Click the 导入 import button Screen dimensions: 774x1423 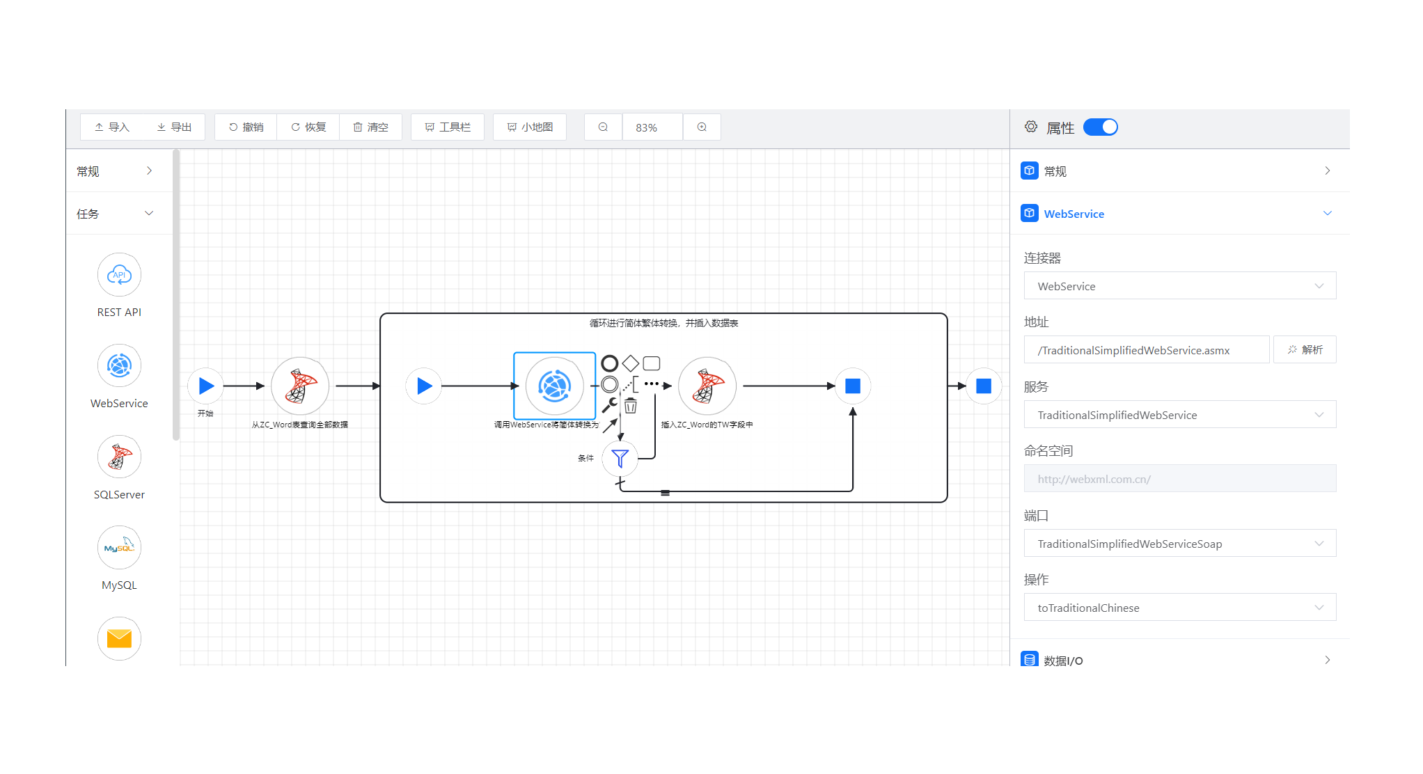tap(112, 127)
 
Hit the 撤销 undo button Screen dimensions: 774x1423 tap(246, 127)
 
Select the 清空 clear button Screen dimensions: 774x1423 tap(370, 127)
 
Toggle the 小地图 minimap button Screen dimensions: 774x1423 tap(530, 127)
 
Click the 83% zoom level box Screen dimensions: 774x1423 tap(652, 127)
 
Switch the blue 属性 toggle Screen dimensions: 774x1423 tap(1100, 127)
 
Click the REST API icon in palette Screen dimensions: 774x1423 tap(119, 275)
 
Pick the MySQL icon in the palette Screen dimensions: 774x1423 tap(119, 548)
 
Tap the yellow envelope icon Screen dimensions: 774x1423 tap(119, 638)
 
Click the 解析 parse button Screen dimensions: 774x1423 tap(1305, 349)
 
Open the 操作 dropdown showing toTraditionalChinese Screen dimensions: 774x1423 tap(1179, 608)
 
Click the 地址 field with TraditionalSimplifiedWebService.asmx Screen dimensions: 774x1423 tap(1146, 350)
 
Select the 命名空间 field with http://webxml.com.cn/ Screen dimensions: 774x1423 tap(1179, 479)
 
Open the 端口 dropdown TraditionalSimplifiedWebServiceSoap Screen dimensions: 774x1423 tap(1179, 544)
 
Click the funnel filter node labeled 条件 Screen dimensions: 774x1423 tap(620, 458)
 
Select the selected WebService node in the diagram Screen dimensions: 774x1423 tap(554, 386)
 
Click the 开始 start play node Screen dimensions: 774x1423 tap(206, 386)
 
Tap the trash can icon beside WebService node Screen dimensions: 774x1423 tap(631, 406)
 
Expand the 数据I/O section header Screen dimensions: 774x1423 tap(1179, 660)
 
